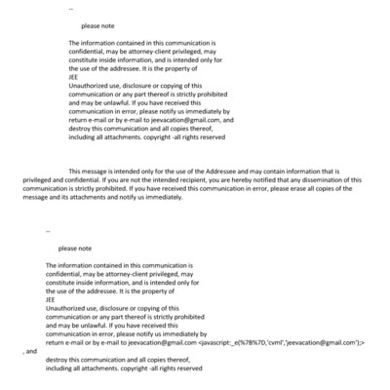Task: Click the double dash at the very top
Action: pyautogui.click(x=70, y=8)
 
